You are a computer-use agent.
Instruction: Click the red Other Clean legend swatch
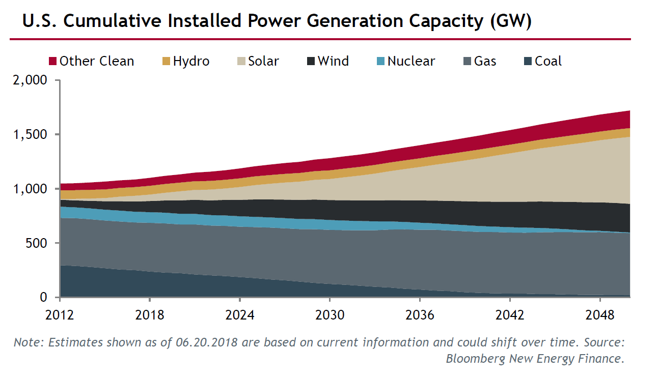[52, 62]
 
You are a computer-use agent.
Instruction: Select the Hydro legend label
[191, 62]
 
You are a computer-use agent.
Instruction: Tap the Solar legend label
[263, 62]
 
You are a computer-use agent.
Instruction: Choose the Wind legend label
[333, 62]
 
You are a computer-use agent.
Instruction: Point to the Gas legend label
[485, 62]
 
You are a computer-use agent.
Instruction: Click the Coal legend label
[548, 62]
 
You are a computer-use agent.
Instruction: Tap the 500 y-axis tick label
[38, 243]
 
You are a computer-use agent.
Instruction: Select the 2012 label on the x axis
[60, 315]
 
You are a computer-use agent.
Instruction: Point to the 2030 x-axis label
[330, 315]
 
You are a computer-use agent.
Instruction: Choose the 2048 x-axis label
[600, 315]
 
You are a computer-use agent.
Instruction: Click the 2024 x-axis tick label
[240, 315]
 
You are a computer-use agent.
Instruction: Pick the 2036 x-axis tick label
[420, 315]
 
